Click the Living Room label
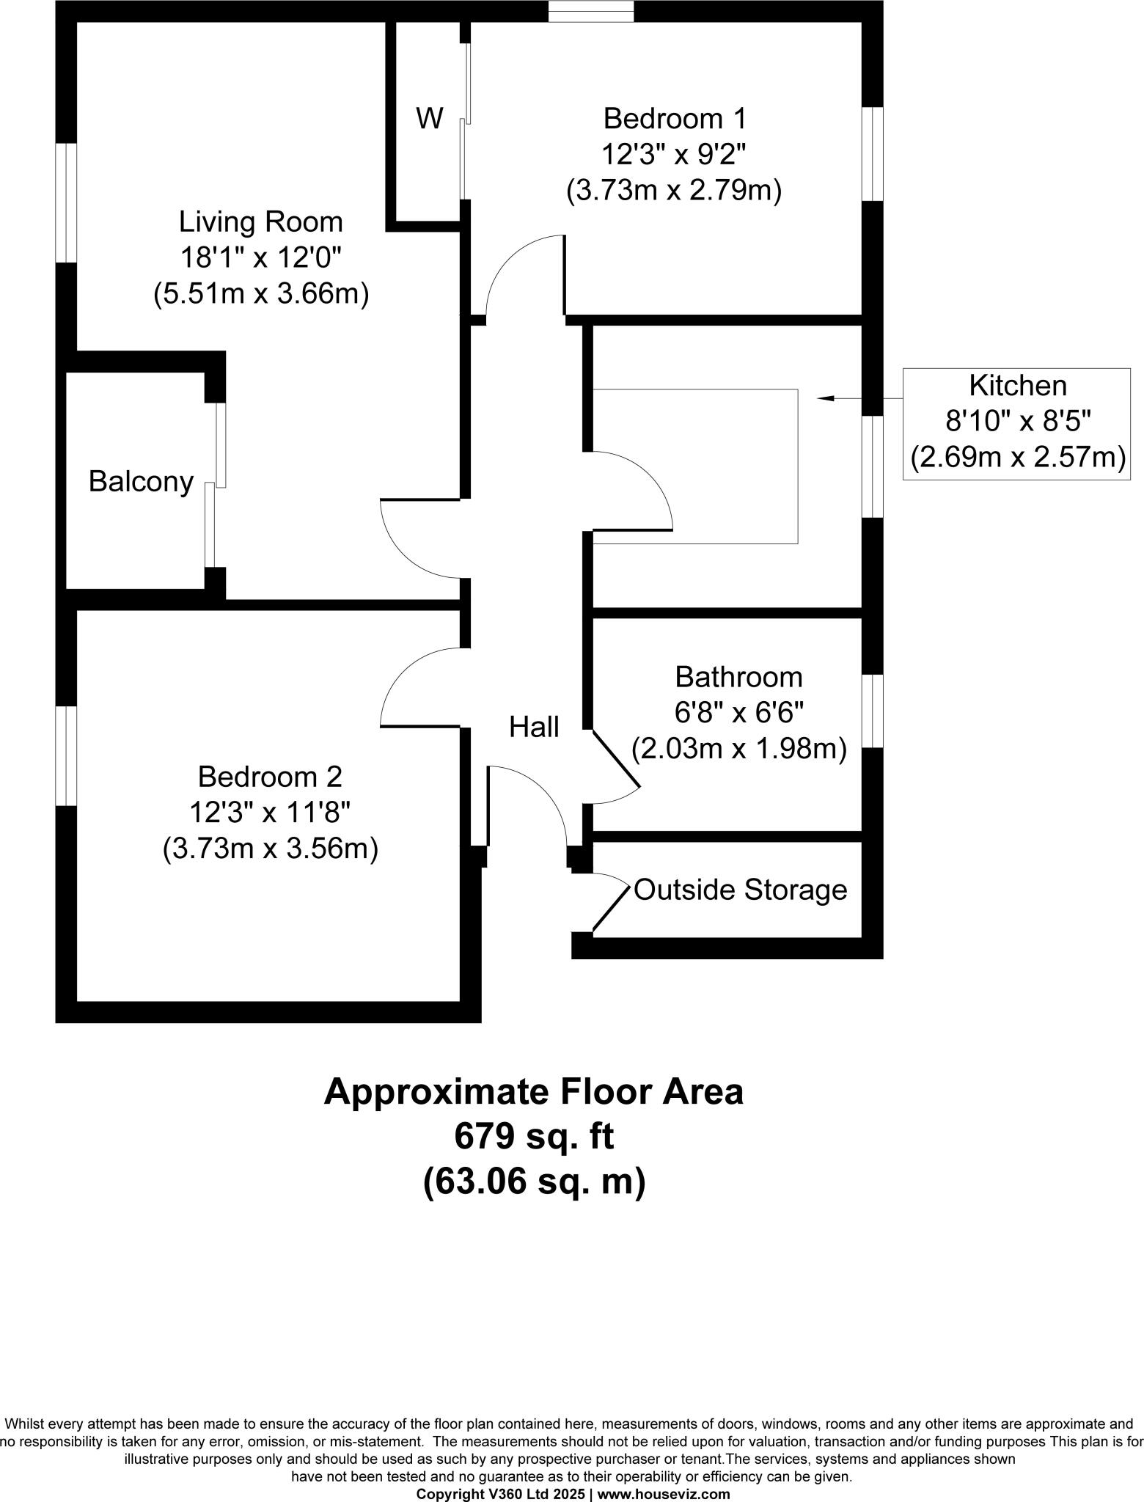point(260,221)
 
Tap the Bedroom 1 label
point(674,118)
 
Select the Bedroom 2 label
point(270,776)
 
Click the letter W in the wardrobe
point(430,119)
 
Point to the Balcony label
point(141,482)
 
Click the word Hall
point(534,727)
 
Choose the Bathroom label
point(738,677)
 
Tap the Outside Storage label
point(740,890)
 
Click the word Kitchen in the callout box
point(1017,386)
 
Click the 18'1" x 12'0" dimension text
point(260,257)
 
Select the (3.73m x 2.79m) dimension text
point(674,191)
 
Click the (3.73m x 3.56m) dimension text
point(270,849)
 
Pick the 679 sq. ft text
point(534,1138)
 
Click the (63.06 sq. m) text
point(534,1182)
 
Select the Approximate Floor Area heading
point(534,1092)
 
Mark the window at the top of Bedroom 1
point(592,11)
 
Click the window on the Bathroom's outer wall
point(872,711)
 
